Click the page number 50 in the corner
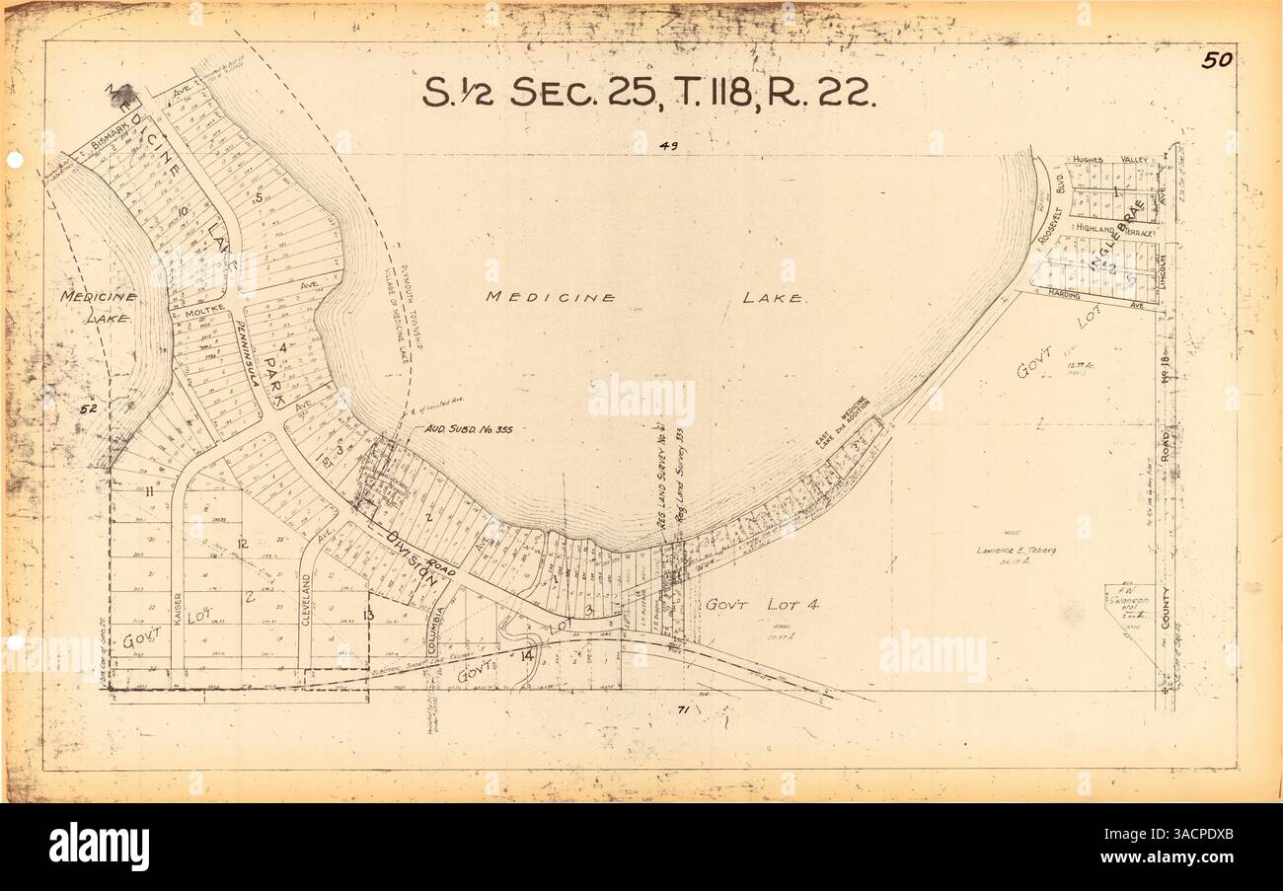tap(1216, 60)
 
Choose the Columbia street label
tap(435, 631)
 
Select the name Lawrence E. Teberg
tap(1016, 550)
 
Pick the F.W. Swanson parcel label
tap(1128, 602)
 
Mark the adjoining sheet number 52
tap(88, 408)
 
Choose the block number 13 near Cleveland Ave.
tap(368, 615)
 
